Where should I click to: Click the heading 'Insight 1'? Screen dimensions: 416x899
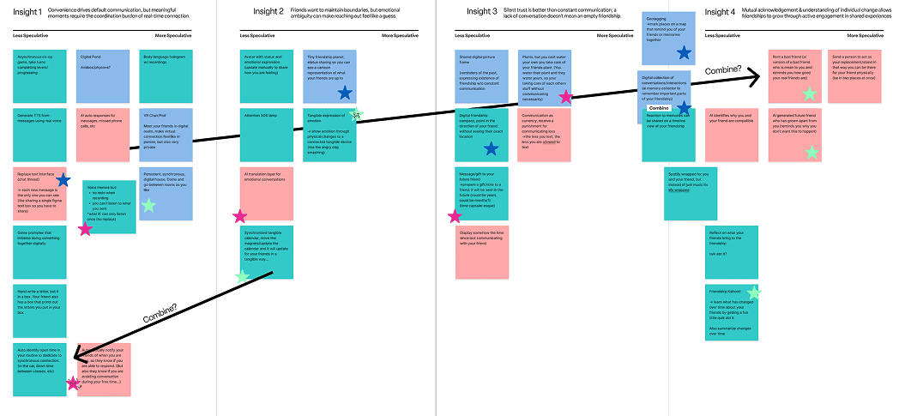click(28, 11)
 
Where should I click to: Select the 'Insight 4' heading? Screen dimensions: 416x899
click(721, 12)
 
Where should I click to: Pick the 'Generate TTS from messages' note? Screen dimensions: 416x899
click(39, 129)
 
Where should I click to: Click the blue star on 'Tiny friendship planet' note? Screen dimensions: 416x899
click(345, 93)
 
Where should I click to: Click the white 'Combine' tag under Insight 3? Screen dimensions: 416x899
click(659, 108)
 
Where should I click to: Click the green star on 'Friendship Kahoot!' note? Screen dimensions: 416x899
click(753, 292)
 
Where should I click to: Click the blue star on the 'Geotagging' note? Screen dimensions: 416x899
click(684, 53)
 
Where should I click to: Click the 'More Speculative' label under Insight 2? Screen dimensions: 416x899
click(400, 36)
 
